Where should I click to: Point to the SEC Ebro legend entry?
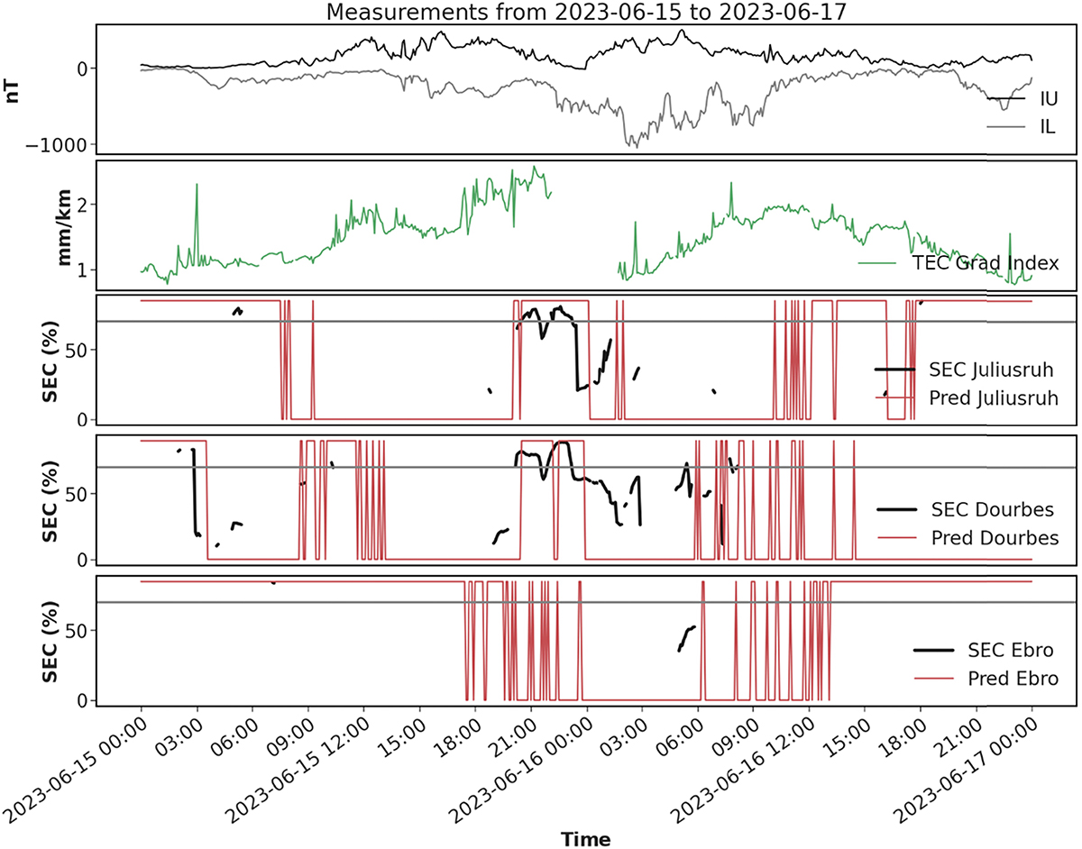pos(1004,650)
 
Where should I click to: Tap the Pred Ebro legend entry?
pos(1004,678)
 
